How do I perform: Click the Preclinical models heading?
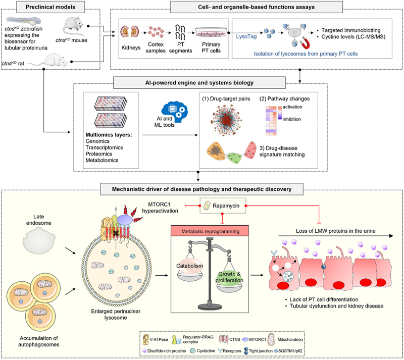(x=36, y=6)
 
